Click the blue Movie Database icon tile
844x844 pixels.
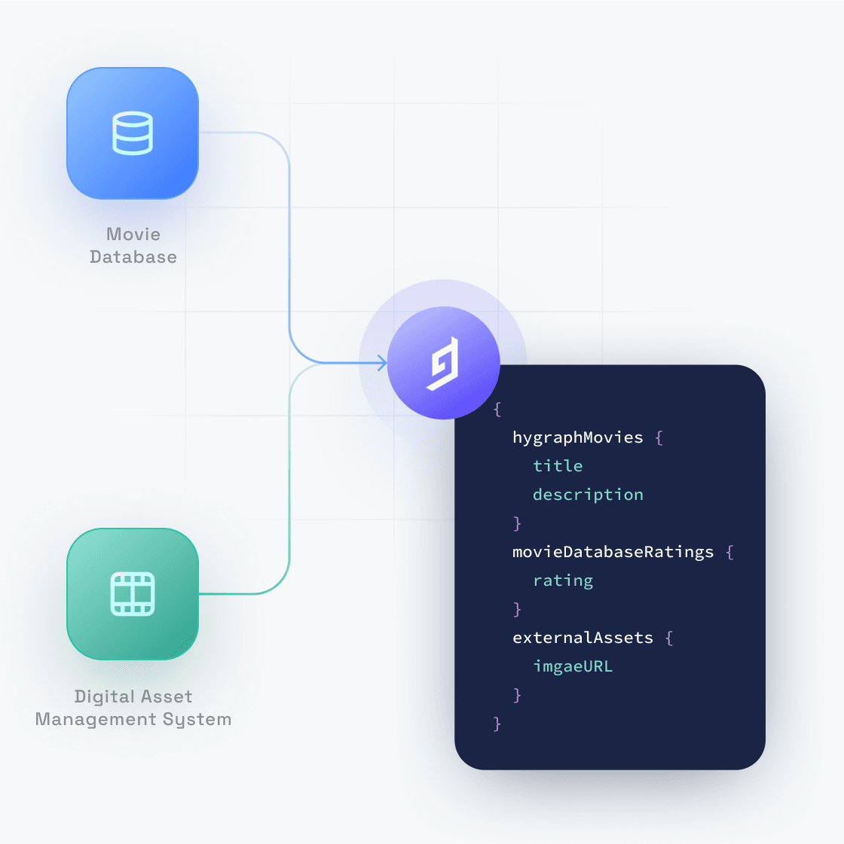pyautogui.click(x=133, y=133)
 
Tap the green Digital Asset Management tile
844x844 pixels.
pyautogui.click(x=133, y=594)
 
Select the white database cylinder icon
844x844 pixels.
pyautogui.click(x=133, y=133)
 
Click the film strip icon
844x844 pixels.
pyautogui.click(x=133, y=594)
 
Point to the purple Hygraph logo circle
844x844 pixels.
pyautogui.click(x=443, y=363)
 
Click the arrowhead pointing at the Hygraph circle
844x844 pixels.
pyautogui.click(x=382, y=363)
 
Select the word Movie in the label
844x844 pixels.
pyautogui.click(x=133, y=234)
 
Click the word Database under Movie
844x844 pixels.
pyautogui.click(x=133, y=257)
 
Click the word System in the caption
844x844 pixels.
pyautogui.click(x=197, y=720)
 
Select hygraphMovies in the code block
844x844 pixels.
pyautogui.click(x=577, y=437)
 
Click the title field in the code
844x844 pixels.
pyautogui.click(x=558, y=465)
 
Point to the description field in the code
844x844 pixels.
pyautogui.click(x=588, y=495)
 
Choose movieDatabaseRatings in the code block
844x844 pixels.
pyautogui.click(x=613, y=552)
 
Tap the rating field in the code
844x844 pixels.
pyautogui.click(x=563, y=580)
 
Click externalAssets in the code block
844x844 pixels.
pyautogui.click(x=583, y=638)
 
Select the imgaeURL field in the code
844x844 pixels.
pyautogui.click(x=573, y=666)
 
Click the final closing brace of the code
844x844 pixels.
pyautogui.click(x=497, y=724)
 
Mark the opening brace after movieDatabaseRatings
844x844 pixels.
pyautogui.click(x=729, y=552)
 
